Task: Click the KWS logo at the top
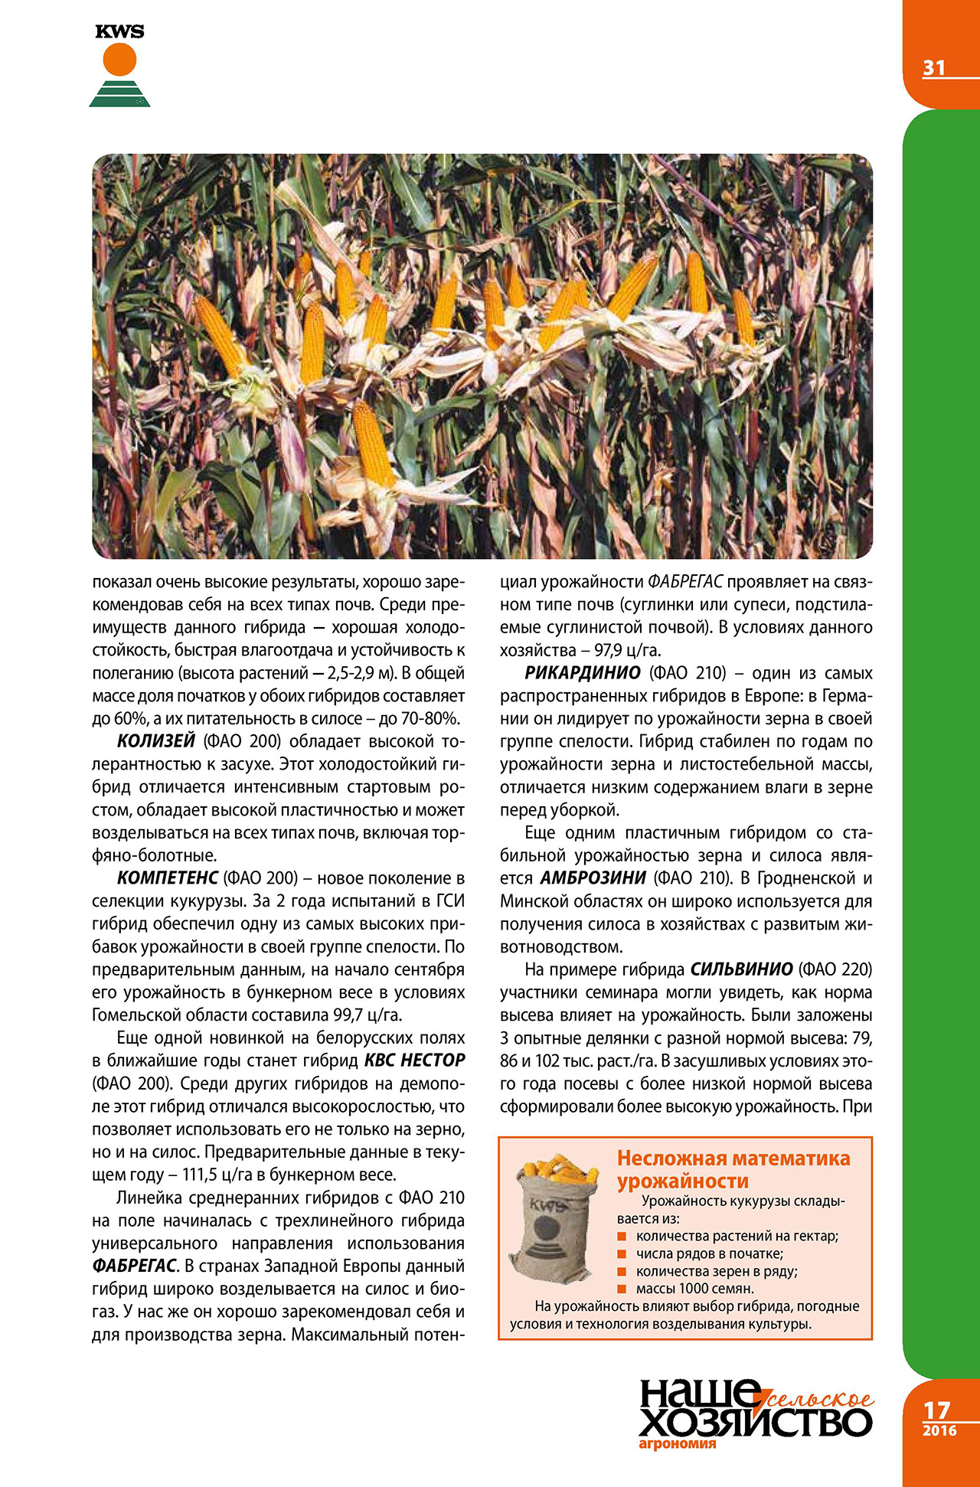(119, 67)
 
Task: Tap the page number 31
(934, 68)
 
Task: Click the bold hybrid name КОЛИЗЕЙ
(156, 741)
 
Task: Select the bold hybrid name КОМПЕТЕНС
(167, 878)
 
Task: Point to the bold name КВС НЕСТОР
(414, 1061)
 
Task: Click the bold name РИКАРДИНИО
(582, 673)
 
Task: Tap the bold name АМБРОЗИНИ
(593, 878)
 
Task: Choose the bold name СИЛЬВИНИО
(741, 969)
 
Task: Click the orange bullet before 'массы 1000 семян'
(622, 1288)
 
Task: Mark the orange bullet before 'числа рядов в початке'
(622, 1253)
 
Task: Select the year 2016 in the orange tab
(939, 1430)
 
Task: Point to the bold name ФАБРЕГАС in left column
(133, 1266)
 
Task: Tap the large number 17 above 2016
(936, 1410)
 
